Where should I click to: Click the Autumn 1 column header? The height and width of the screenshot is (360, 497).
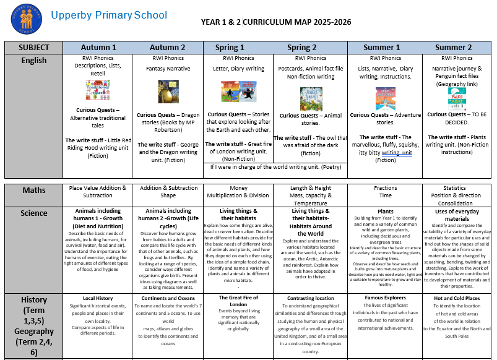click(x=98, y=47)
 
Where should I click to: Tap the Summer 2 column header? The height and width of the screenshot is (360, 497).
click(x=453, y=47)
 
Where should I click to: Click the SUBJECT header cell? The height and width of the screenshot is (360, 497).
click(x=33, y=47)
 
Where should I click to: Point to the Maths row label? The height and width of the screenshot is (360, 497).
click(x=33, y=189)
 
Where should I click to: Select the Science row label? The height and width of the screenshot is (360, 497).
click(x=33, y=213)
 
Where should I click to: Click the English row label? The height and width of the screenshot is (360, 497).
click(x=33, y=61)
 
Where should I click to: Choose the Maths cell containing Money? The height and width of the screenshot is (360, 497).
click(x=238, y=191)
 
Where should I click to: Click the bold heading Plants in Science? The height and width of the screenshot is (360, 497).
click(x=385, y=211)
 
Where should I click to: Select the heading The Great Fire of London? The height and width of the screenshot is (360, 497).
click(x=238, y=301)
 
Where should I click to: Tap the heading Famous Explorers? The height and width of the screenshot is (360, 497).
click(x=385, y=298)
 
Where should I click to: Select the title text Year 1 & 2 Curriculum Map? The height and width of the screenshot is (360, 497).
click(x=276, y=22)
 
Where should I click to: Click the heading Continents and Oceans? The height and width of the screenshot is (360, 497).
click(x=168, y=298)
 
